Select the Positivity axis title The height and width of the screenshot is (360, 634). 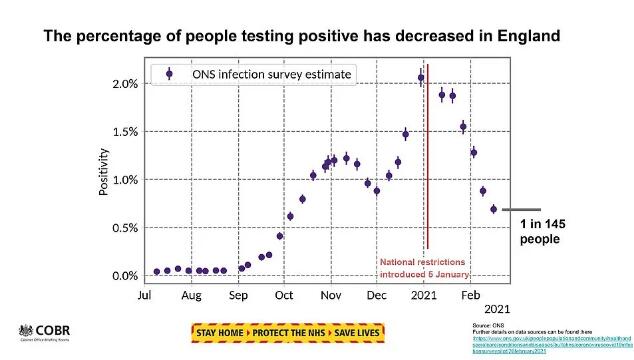[104, 172]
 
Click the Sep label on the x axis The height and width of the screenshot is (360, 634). [238, 297]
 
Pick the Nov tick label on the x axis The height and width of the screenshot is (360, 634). [330, 297]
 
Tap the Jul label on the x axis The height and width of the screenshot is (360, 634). [145, 297]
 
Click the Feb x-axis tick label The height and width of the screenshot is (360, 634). [469, 297]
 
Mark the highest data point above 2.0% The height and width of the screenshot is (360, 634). [421, 78]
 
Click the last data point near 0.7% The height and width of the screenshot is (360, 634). [493, 209]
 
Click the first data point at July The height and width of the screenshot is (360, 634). [157, 271]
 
